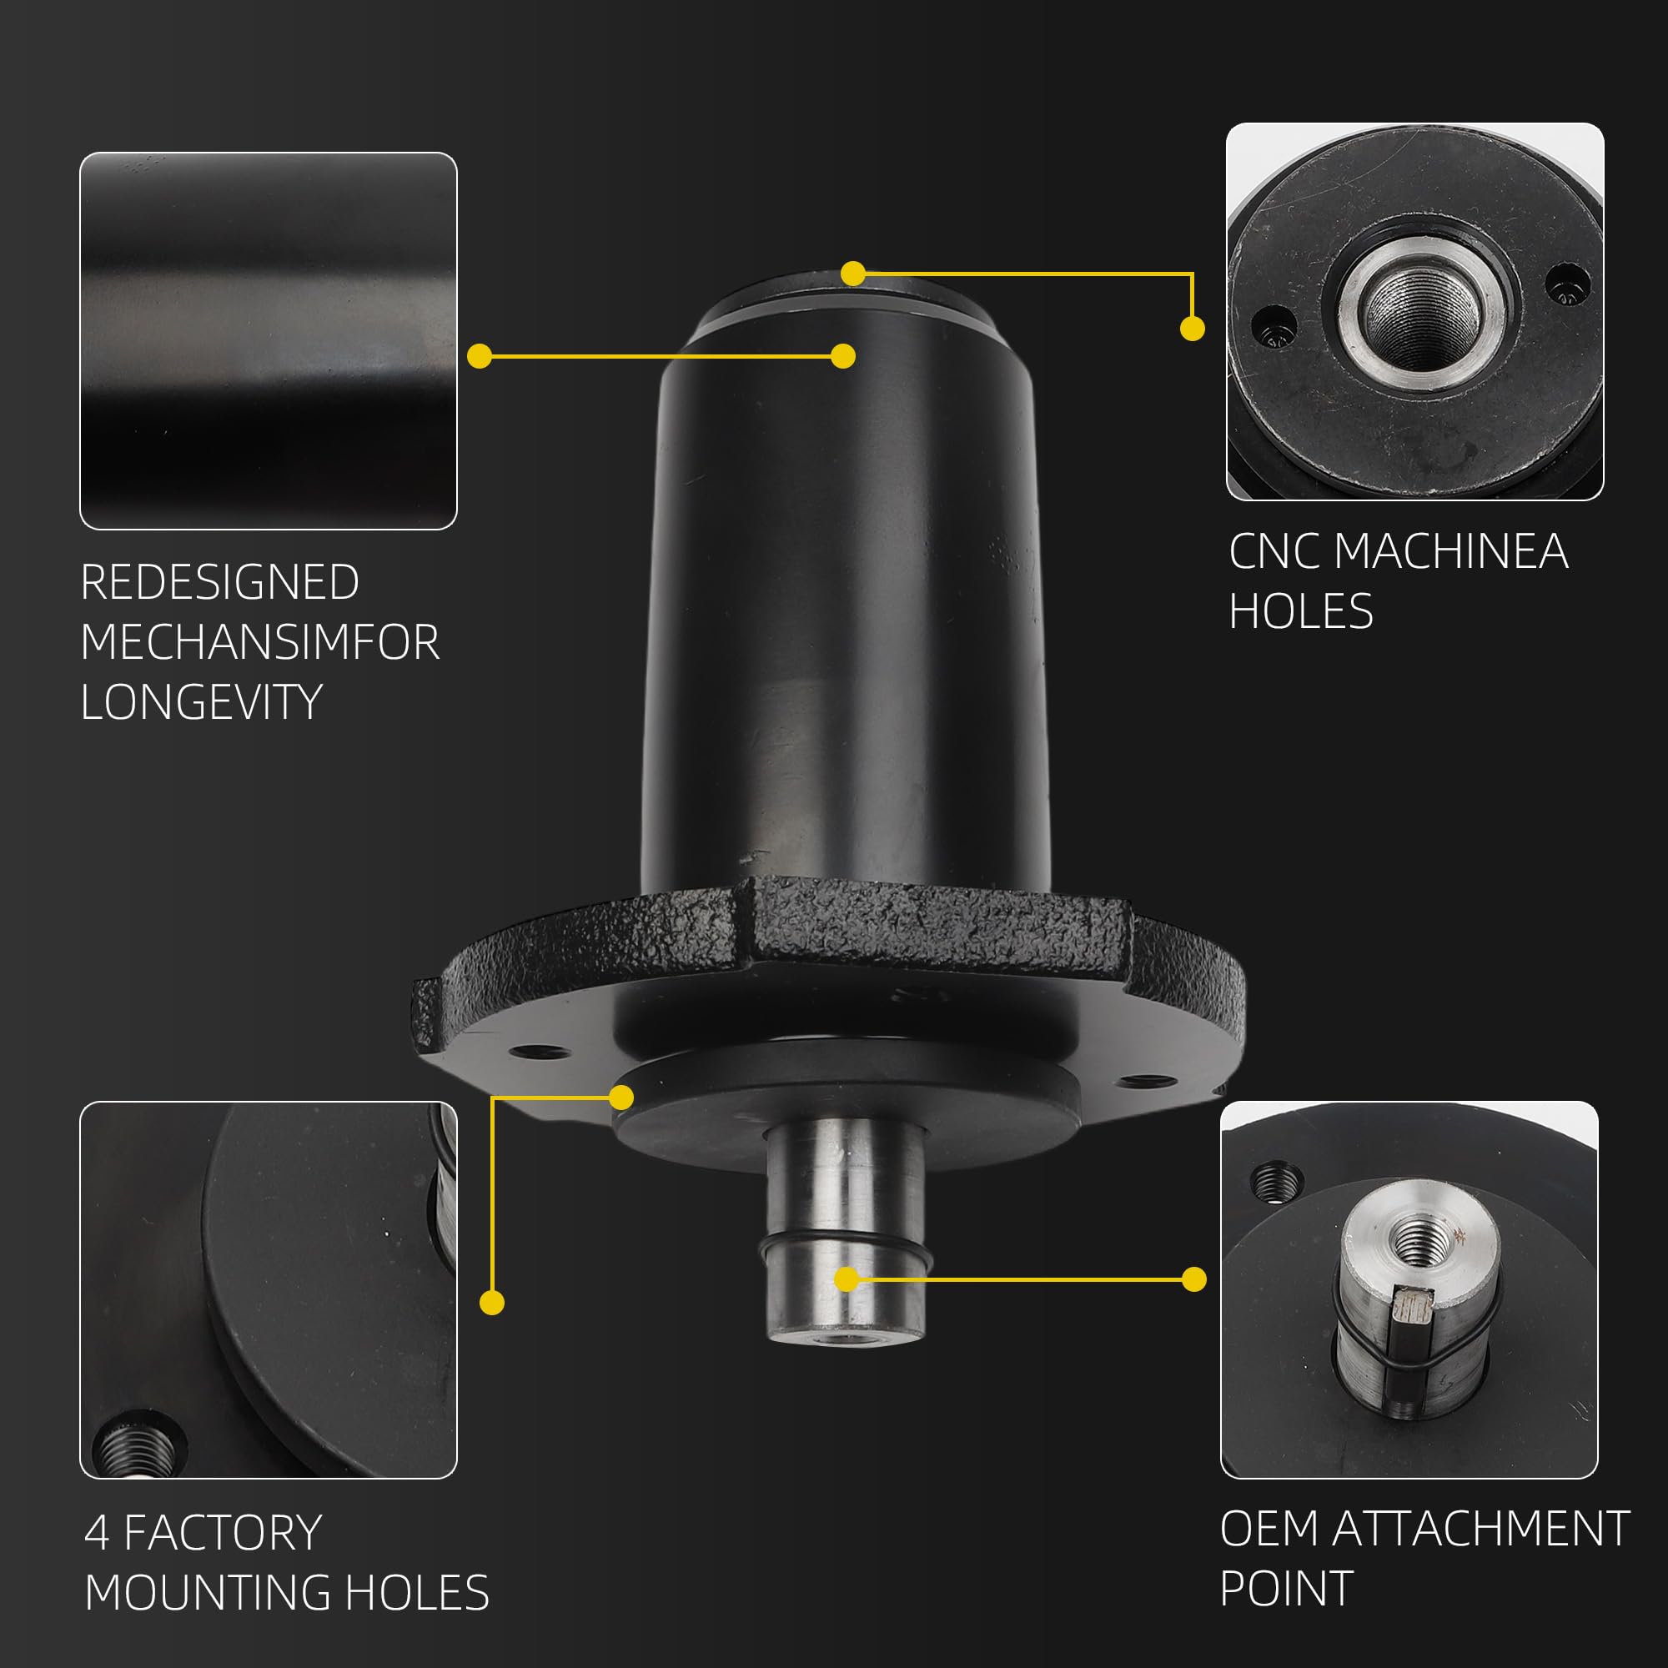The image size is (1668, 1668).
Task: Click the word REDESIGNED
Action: pos(220,582)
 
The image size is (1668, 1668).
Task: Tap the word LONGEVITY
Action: pos(202,701)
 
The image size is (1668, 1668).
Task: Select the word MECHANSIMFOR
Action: pos(260,641)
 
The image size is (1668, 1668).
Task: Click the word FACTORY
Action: pos(223,1534)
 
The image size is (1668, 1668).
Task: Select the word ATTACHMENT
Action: pos(1480,1529)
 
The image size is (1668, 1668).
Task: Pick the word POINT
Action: pos(1286,1589)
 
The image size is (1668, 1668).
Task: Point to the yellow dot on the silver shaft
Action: pos(846,1279)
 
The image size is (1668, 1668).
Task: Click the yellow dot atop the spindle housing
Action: pos(853,274)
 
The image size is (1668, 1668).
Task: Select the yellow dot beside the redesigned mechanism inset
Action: pos(480,356)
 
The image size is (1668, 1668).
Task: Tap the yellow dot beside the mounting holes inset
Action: pos(491,1303)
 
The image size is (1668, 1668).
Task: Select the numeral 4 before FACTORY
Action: pos(97,1534)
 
